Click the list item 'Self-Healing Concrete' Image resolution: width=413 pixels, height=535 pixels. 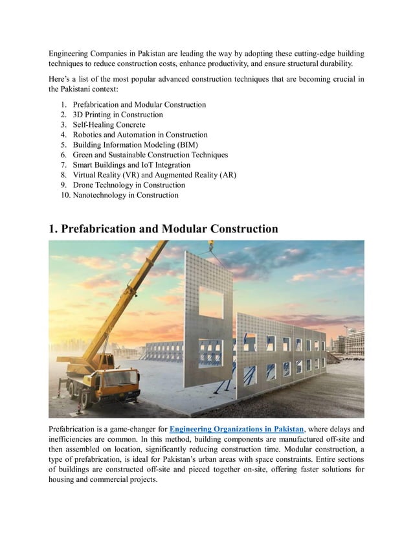pyautogui.click(x=109, y=124)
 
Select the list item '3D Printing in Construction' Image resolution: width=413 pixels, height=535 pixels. pyautogui.click(x=118, y=115)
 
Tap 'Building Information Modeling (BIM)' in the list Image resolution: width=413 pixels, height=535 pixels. pyautogui.click(x=135, y=144)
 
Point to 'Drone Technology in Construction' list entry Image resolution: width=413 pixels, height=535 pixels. pyautogui.click(x=129, y=185)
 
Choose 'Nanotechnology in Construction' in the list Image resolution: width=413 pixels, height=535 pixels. pyautogui.click(x=126, y=194)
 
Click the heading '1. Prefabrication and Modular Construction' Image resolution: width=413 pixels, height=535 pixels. pyautogui.click(x=163, y=229)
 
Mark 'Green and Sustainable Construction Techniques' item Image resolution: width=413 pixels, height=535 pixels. pyautogui.click(x=150, y=155)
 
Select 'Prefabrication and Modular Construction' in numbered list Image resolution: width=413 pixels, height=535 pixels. pyautogui.click(x=140, y=104)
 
